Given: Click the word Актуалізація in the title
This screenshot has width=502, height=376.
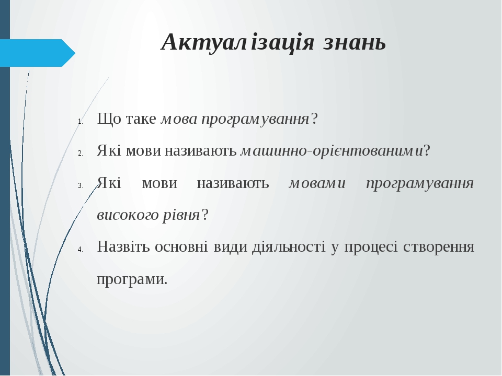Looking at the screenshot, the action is point(237,42).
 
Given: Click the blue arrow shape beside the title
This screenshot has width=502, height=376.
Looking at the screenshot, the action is point(38,53).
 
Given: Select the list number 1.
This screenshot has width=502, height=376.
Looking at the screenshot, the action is point(80,122).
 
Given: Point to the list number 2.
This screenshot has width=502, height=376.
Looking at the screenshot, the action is point(80,154).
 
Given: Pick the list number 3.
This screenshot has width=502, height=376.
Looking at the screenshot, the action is point(80,185).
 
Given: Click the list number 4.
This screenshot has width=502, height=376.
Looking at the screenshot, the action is point(80,250).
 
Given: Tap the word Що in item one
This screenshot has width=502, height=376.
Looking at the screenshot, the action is point(109,119).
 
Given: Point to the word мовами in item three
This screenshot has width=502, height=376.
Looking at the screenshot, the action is point(317,183).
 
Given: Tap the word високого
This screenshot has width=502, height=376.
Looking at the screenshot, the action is point(128,215).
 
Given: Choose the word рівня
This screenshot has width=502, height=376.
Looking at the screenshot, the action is point(181,215).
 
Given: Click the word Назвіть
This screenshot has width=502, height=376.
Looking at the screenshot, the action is point(123,246).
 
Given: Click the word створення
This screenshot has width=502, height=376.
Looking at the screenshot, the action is point(439,247).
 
